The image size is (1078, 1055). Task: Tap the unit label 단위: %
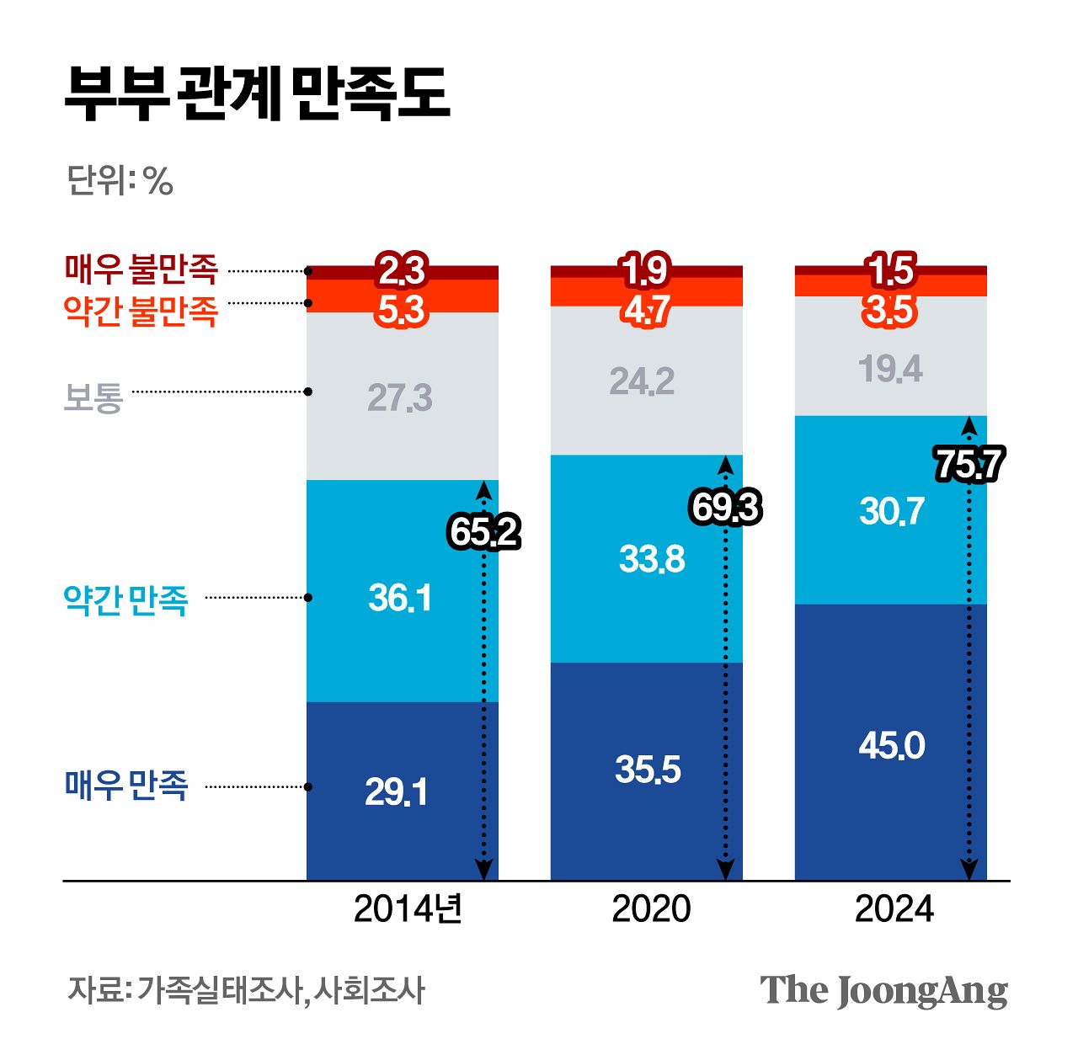(120, 180)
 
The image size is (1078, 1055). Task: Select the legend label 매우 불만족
(141, 269)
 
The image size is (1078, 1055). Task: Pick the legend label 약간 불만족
(141, 311)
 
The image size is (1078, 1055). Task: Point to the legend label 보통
(93, 397)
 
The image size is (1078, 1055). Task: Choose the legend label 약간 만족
(125, 599)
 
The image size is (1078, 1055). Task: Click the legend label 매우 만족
(125, 786)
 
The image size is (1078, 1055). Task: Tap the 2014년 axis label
(408, 909)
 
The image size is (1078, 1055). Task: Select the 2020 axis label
(651, 909)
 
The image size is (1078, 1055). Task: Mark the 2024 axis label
(894, 909)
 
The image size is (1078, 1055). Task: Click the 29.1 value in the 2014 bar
(397, 792)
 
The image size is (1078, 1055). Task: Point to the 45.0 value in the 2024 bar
(892, 746)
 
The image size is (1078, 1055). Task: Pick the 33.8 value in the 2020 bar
(652, 559)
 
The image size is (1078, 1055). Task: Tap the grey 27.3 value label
(400, 397)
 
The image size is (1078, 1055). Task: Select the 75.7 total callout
(969, 465)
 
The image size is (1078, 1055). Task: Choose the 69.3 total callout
(725, 508)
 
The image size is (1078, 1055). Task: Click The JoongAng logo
(883, 991)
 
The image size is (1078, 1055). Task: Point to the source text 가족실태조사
(218, 990)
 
